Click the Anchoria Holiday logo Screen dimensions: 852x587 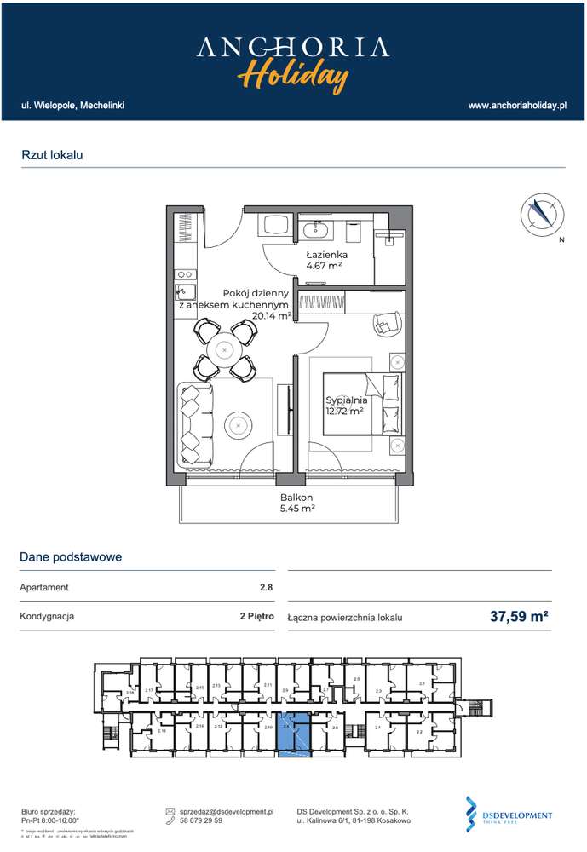point(293,62)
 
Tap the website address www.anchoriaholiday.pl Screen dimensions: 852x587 point(517,105)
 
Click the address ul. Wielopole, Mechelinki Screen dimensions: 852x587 point(73,105)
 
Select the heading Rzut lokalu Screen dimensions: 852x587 point(52,155)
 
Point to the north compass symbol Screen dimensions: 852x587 point(542,215)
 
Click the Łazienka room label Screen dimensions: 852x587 point(326,255)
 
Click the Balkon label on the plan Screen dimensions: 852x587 point(296,498)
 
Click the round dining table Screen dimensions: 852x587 point(224,349)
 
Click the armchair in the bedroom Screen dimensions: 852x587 point(387,323)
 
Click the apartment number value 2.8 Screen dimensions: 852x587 point(267,587)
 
